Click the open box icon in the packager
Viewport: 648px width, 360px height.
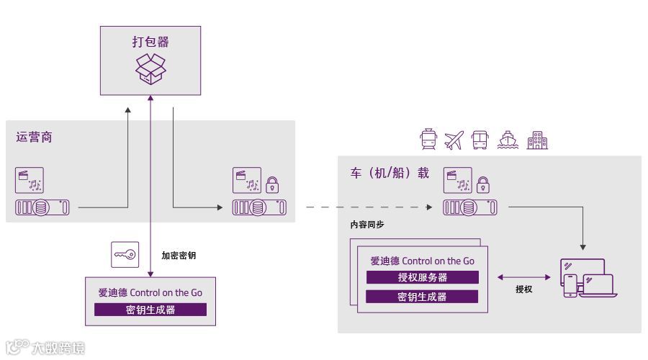(x=150, y=68)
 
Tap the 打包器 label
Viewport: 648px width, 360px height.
(x=150, y=41)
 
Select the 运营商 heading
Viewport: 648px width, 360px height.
(x=34, y=137)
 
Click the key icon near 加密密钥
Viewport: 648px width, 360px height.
(x=125, y=254)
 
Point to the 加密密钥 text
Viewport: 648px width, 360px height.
(x=179, y=255)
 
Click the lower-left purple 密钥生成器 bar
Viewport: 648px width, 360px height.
(x=150, y=310)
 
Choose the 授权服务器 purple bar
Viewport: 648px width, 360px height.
(x=423, y=277)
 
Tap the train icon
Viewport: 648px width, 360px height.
(x=428, y=139)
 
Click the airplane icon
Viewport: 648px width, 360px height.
(x=454, y=140)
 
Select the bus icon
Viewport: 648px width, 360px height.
(x=480, y=139)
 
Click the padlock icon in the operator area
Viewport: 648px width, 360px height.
(x=272, y=185)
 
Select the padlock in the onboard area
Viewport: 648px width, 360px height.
(x=484, y=185)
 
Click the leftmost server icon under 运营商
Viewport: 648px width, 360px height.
(x=42, y=208)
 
